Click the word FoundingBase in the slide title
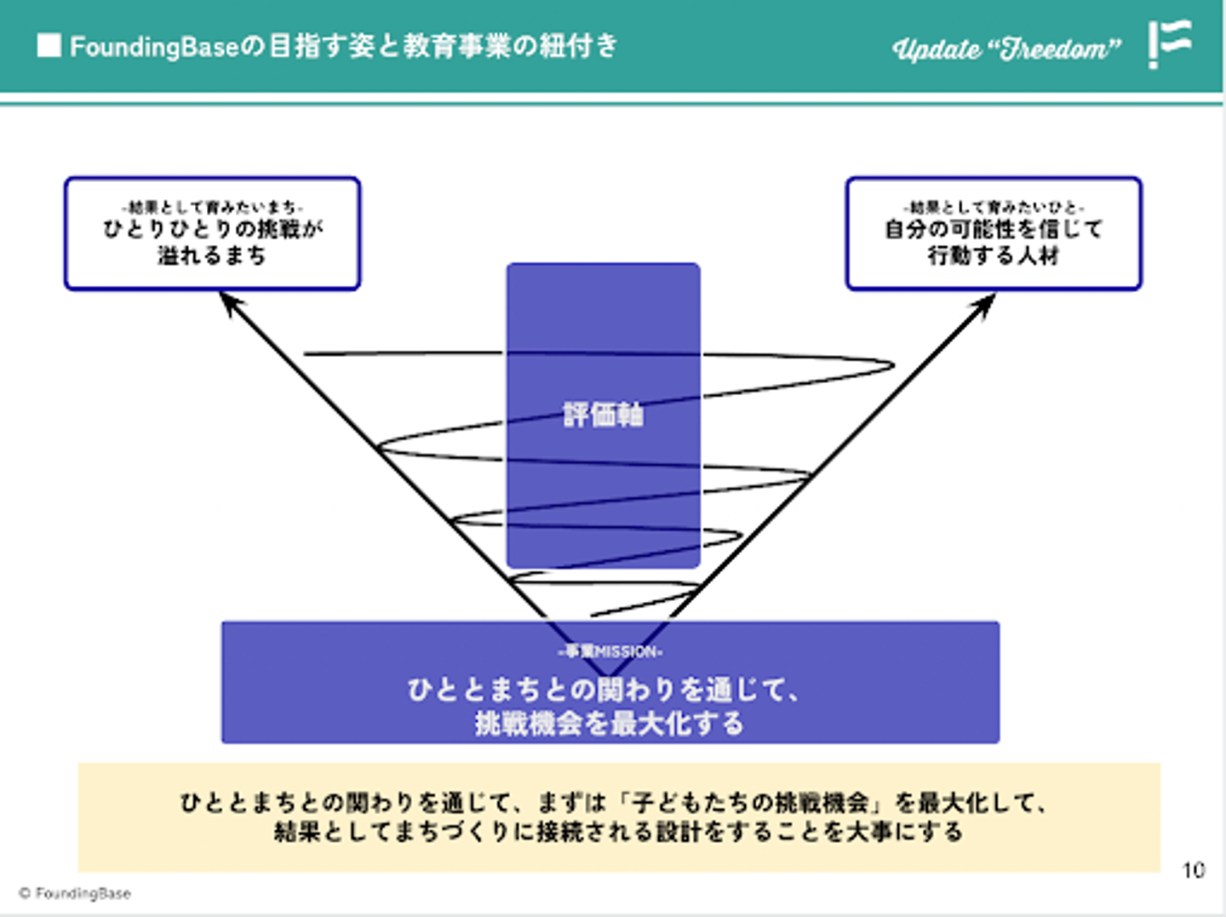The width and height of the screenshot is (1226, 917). point(154,46)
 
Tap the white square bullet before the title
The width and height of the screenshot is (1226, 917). point(49,45)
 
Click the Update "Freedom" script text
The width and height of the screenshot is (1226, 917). point(1006,49)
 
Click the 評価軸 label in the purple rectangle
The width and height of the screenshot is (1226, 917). point(603,415)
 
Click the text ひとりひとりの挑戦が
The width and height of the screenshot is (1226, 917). point(213,229)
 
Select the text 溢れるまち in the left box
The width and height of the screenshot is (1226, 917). point(212,255)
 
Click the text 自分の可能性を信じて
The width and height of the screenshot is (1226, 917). point(994,229)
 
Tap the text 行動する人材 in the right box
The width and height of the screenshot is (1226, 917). point(994,255)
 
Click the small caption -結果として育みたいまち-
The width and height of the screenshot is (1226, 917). point(212,207)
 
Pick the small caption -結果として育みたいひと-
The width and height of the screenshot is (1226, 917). point(994,207)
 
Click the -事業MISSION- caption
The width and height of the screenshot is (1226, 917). point(610,651)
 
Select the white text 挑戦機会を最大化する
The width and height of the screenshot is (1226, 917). point(610,724)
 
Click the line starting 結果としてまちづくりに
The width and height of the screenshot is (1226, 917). point(618,832)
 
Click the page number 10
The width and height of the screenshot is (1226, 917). point(1194,870)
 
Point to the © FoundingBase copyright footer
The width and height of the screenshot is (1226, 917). point(75,893)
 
